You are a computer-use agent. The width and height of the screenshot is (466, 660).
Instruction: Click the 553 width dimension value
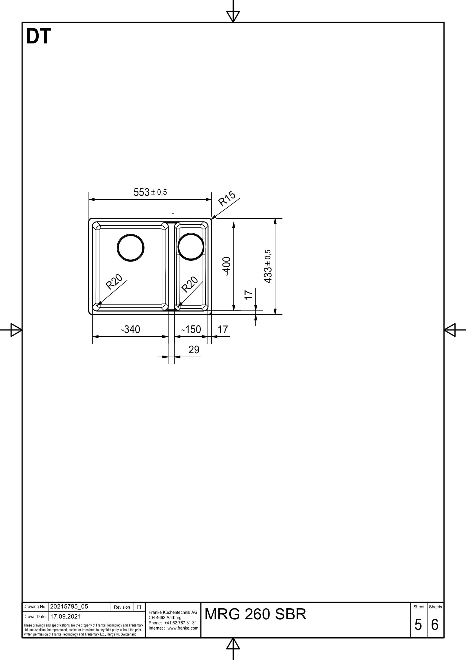point(142,192)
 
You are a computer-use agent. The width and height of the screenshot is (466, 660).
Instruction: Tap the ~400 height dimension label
point(227,266)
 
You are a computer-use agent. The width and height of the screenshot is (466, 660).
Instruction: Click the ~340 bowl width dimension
point(130,329)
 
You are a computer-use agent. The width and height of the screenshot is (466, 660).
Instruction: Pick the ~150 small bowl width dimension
point(191,329)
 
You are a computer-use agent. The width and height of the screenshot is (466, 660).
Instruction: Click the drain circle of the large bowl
point(131,248)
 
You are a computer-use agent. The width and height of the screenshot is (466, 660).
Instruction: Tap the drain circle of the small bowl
point(191,247)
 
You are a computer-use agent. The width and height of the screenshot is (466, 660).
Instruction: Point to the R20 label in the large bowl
point(114,282)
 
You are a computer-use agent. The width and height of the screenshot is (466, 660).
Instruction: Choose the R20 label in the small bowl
point(190,284)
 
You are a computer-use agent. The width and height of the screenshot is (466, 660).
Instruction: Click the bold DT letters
point(38,36)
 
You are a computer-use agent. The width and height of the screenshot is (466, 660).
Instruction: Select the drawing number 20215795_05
point(69,607)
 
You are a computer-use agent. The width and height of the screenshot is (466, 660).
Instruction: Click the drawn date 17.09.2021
point(65,617)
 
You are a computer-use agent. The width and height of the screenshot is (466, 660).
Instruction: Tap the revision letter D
point(139,607)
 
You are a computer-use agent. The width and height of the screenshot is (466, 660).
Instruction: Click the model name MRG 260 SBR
point(255,614)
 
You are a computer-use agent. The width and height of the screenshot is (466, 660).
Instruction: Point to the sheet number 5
point(418,625)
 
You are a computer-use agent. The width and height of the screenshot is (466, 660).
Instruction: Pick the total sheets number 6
point(435,625)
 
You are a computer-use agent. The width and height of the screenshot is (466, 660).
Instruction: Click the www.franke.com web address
point(183,628)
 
